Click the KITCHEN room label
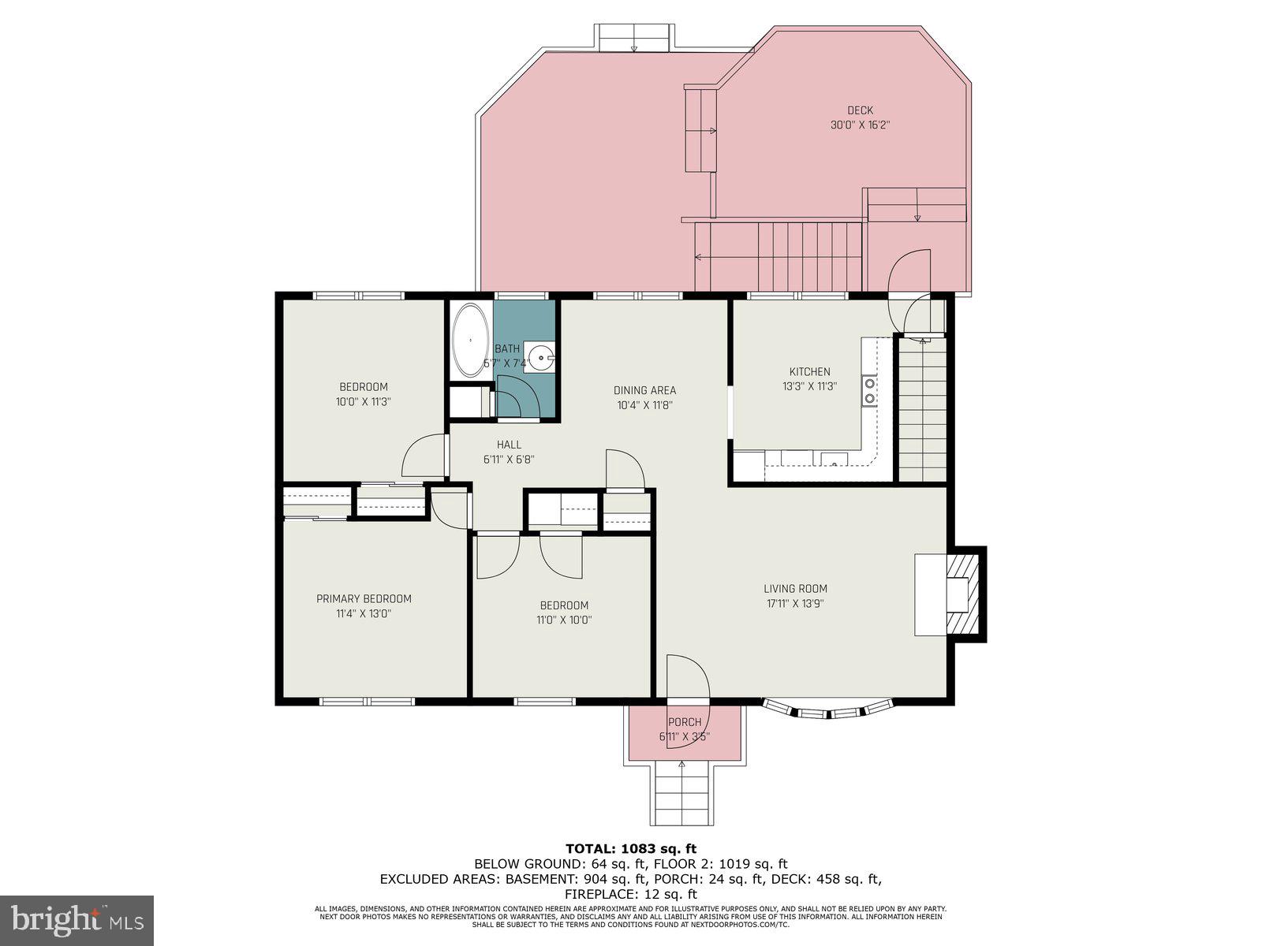[x=809, y=371]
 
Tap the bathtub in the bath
[x=471, y=340]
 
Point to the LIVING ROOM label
[x=795, y=588]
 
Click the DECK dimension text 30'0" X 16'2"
[x=860, y=125]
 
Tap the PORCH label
[x=684, y=722]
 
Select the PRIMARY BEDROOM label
[x=364, y=598]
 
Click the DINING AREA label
[x=644, y=390]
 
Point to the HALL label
[x=509, y=445]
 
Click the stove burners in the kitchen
[x=869, y=390]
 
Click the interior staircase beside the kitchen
[x=922, y=410]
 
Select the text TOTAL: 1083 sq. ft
[x=630, y=849]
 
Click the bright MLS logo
[x=77, y=921]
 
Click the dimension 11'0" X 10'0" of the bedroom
[x=564, y=620]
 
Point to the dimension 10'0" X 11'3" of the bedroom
[x=364, y=401]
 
